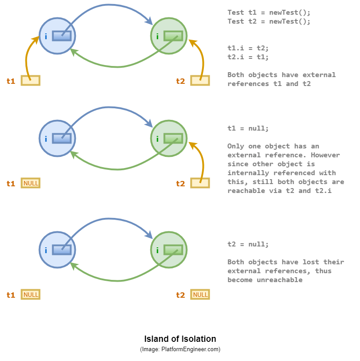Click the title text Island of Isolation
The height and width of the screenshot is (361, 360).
click(x=180, y=339)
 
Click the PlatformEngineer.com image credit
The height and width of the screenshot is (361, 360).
click(x=180, y=349)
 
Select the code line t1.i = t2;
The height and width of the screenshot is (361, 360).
click(x=248, y=48)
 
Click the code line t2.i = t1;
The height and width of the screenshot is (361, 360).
click(x=248, y=57)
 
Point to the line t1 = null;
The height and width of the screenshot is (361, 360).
click(x=248, y=128)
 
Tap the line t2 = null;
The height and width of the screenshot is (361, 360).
click(x=248, y=244)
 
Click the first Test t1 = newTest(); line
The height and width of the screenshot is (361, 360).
click(x=269, y=12)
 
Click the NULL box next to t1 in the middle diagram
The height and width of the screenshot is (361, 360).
click(x=31, y=183)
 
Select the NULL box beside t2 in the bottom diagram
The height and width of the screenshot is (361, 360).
click(x=200, y=295)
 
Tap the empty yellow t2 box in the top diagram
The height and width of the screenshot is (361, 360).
click(x=200, y=81)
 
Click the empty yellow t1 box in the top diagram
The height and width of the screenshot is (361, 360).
click(x=30, y=81)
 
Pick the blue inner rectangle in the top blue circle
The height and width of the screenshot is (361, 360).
click(x=62, y=36)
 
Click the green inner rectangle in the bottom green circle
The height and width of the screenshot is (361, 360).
click(x=173, y=250)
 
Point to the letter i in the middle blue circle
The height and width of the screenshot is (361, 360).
click(x=46, y=139)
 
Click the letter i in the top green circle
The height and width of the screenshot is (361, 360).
click(x=157, y=37)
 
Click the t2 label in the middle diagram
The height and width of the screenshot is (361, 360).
click(x=180, y=184)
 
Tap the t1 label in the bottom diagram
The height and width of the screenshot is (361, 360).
click(x=11, y=295)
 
